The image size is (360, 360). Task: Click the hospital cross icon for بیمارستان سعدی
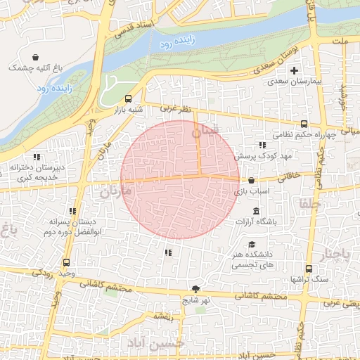click(x=294, y=70)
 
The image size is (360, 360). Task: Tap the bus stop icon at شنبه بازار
click(x=128, y=99)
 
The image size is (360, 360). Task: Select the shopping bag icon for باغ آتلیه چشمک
click(x=35, y=56)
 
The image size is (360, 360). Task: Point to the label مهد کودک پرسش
click(x=262, y=155)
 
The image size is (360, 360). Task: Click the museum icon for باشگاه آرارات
click(x=255, y=212)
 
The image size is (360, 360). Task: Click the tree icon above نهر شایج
click(x=195, y=289)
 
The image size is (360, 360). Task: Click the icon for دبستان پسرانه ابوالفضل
click(x=72, y=211)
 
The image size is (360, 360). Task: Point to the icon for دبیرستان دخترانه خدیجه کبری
click(x=37, y=156)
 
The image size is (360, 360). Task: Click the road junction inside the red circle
click(x=200, y=175)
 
